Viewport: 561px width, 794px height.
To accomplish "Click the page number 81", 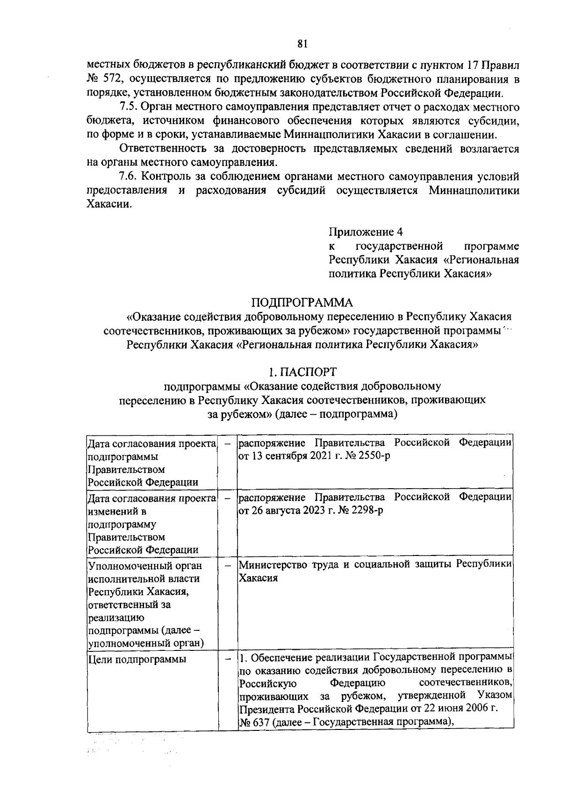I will (302, 44).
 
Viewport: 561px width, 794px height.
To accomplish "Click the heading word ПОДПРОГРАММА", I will (302, 303).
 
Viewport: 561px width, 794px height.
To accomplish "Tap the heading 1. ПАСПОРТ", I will (302, 372).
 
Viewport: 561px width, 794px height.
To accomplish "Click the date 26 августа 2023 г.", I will (284, 510).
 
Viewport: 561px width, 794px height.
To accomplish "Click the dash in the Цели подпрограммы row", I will (228, 659).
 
